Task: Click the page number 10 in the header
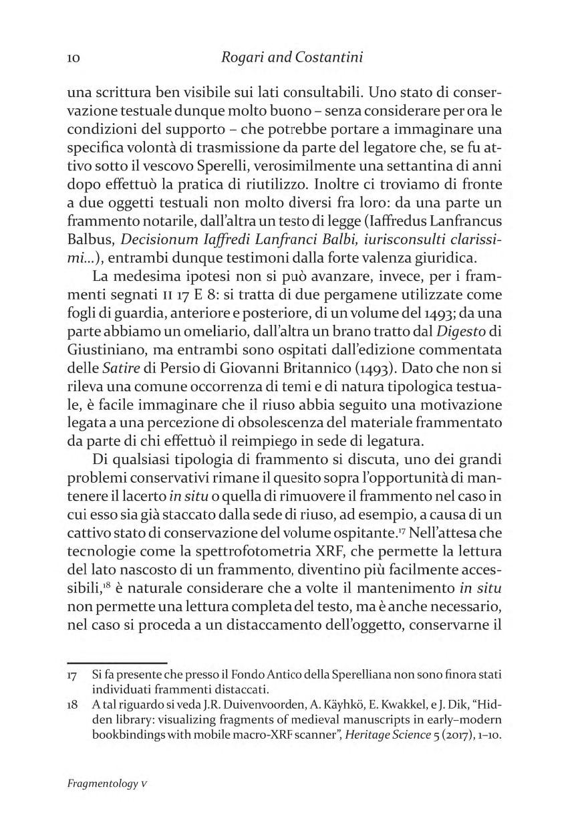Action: coord(75,58)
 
